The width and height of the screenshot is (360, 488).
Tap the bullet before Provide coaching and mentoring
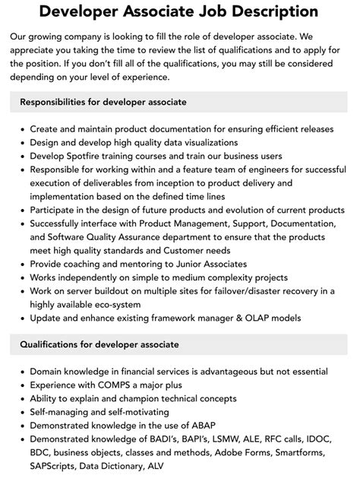tap(21, 265)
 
